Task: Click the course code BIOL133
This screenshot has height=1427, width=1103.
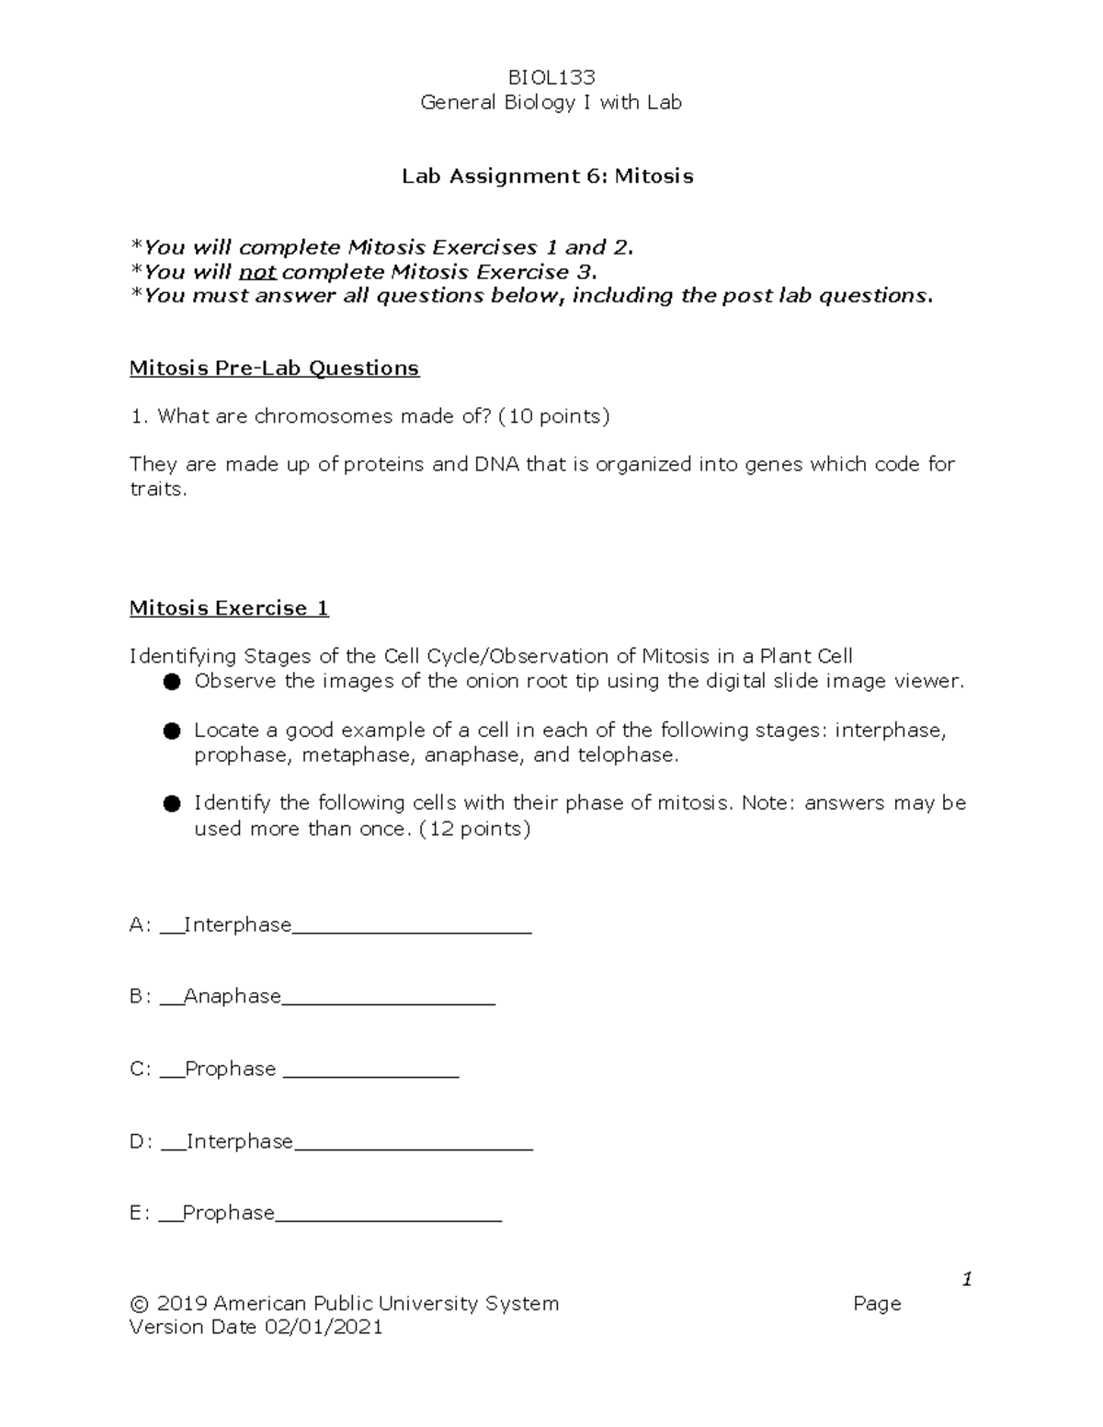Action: tap(551, 77)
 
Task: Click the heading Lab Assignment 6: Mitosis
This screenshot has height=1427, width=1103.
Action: tap(548, 176)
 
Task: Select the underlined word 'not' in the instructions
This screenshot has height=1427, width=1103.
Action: tap(257, 272)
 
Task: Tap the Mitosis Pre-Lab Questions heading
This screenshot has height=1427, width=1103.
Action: tap(274, 368)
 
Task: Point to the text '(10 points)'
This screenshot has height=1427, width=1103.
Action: tap(553, 416)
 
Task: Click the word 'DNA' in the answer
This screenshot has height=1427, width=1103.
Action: tap(496, 464)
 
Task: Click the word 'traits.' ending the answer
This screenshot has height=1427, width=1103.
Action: tap(158, 489)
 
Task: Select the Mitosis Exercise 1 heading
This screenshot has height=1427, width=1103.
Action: tap(229, 608)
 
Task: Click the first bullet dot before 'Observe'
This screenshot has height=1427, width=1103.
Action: tap(171, 682)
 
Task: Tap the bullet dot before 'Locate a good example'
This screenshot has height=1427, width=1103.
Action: tap(171, 731)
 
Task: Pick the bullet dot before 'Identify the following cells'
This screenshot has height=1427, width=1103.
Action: tap(171, 804)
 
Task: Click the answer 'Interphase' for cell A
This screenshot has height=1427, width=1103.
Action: tap(238, 924)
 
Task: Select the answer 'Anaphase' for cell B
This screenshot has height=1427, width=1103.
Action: tap(233, 996)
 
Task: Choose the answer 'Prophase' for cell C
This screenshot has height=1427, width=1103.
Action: tap(230, 1069)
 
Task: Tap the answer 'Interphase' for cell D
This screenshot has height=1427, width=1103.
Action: tap(240, 1141)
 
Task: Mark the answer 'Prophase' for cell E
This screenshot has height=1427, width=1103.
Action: tap(229, 1213)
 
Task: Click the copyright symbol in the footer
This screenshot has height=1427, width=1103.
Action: tap(140, 1304)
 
